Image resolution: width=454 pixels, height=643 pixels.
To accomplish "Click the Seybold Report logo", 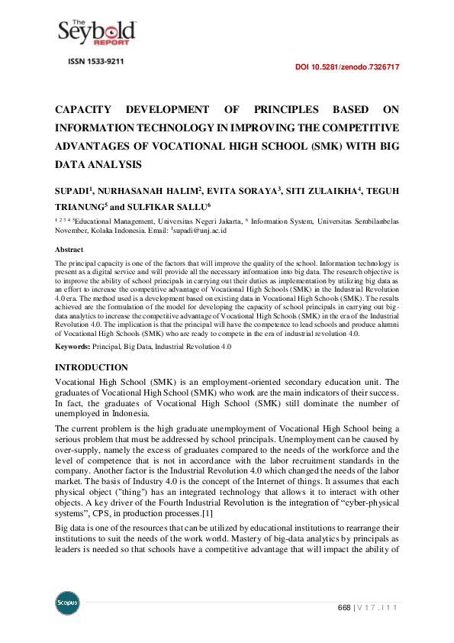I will tap(97, 33).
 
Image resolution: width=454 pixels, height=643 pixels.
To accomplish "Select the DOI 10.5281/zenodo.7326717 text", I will tap(347, 67).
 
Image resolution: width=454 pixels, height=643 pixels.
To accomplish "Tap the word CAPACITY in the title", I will tap(86, 110).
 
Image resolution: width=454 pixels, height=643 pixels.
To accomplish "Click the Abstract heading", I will tap(69, 250).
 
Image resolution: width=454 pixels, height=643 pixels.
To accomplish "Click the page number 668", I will tap(344, 608).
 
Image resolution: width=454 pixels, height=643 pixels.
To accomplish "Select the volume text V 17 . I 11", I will tap(379, 608).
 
